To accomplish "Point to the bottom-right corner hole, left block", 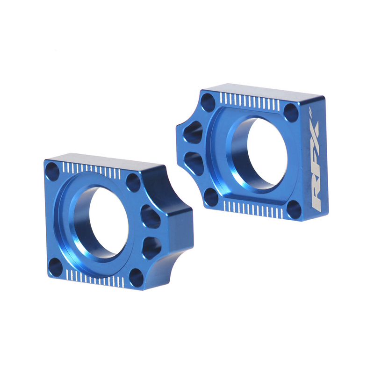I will point(136,278).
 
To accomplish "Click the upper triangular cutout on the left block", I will point(151,216).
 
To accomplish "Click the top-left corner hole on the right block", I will point(210,101).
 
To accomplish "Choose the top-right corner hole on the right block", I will point(290,112).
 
